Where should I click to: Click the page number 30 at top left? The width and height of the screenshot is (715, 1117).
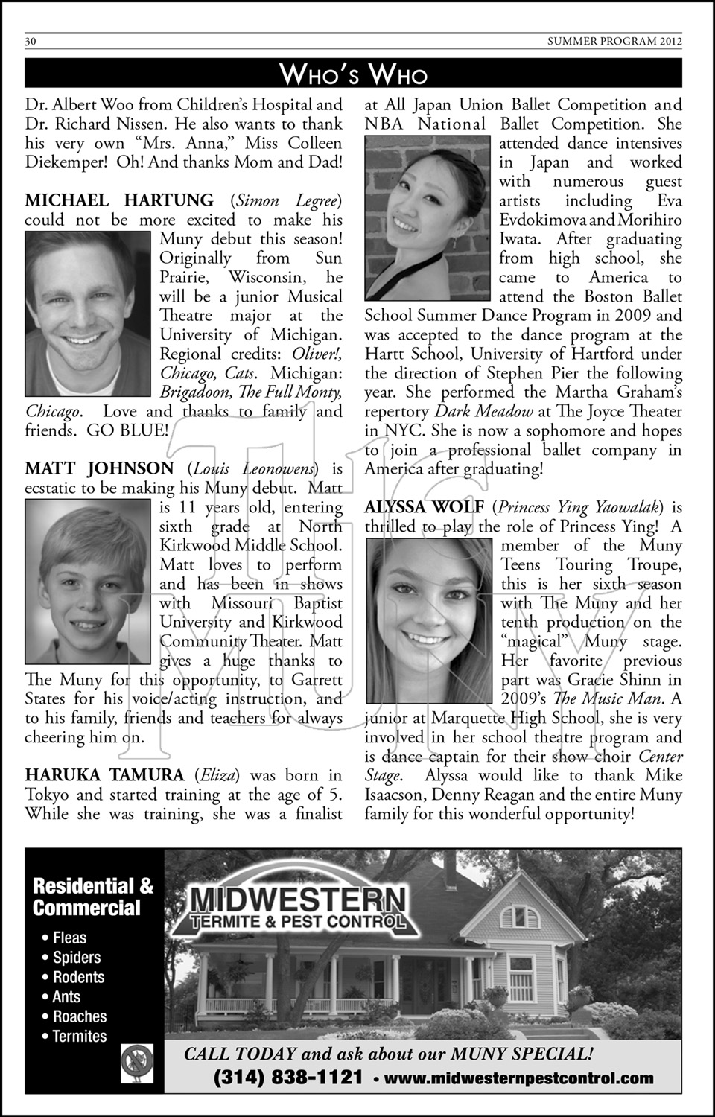[x=31, y=42]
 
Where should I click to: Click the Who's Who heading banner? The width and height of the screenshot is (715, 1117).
[x=353, y=74]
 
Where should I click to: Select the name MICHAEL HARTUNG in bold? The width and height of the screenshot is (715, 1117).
[x=119, y=200]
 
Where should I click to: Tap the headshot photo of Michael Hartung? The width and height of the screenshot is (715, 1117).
[x=89, y=314]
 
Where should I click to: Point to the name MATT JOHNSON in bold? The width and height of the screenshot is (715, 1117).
[x=99, y=468]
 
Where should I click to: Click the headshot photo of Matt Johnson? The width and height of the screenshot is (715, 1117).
[x=89, y=581]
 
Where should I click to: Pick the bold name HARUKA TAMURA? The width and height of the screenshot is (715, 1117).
[x=104, y=775]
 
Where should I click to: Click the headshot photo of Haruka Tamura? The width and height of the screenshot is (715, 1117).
[x=428, y=217]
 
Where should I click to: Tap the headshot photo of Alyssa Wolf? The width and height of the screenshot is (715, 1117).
[x=430, y=620]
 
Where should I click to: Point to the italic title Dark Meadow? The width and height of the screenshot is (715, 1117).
[x=484, y=411]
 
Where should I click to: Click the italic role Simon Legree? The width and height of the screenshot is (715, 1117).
[x=286, y=200]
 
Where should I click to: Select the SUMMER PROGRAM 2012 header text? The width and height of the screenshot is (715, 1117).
[x=614, y=42]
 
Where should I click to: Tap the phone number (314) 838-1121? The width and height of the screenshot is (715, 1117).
[x=288, y=1078]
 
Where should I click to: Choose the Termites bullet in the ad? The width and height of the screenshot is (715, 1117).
[x=79, y=1036]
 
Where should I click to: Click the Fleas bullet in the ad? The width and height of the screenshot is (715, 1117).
[x=69, y=938]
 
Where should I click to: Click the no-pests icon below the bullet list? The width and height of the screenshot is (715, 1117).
[x=137, y=1063]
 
